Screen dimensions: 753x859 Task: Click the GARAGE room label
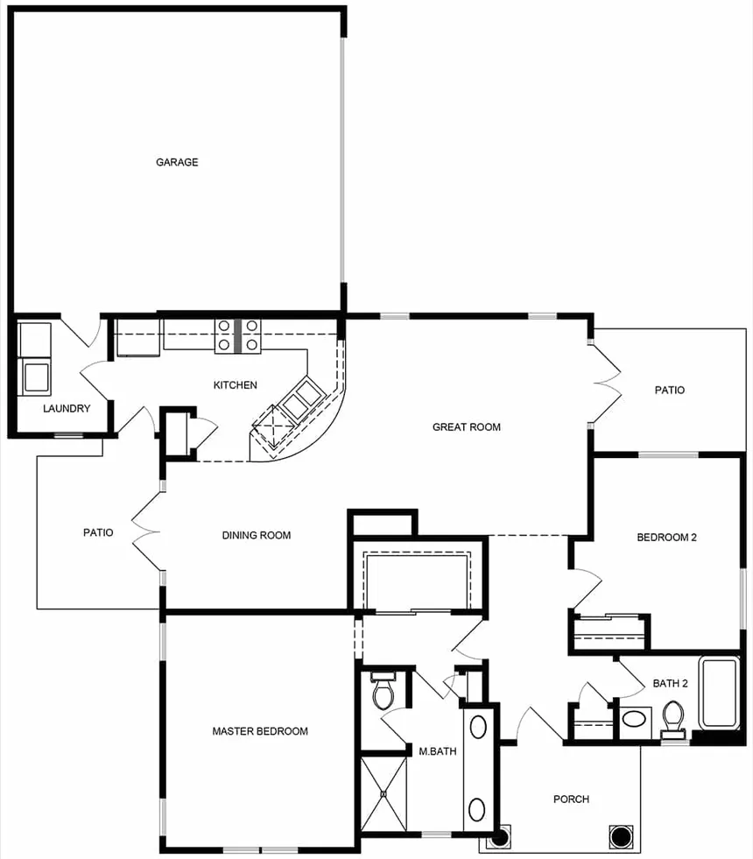click(x=177, y=162)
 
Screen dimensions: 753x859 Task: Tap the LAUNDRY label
click(x=67, y=409)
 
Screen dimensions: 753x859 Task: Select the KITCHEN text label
click(x=235, y=385)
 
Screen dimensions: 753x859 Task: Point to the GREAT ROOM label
click(x=467, y=427)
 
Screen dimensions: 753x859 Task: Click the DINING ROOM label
click(x=257, y=535)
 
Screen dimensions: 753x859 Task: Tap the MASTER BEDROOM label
click(x=260, y=731)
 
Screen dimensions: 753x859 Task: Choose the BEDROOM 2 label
click(x=666, y=538)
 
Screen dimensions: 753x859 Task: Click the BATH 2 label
click(x=671, y=683)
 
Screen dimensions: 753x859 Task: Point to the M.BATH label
click(x=438, y=751)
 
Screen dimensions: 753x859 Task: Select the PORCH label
click(x=571, y=799)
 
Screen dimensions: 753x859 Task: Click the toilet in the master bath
click(x=384, y=690)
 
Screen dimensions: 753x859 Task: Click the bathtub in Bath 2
click(x=720, y=694)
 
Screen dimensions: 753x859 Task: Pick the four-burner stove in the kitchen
click(x=237, y=336)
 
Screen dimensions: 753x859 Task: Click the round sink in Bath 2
click(x=635, y=718)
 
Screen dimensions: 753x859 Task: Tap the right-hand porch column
click(x=621, y=836)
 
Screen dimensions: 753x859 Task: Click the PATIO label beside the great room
click(x=670, y=390)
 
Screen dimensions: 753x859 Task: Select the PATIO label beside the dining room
click(x=99, y=532)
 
